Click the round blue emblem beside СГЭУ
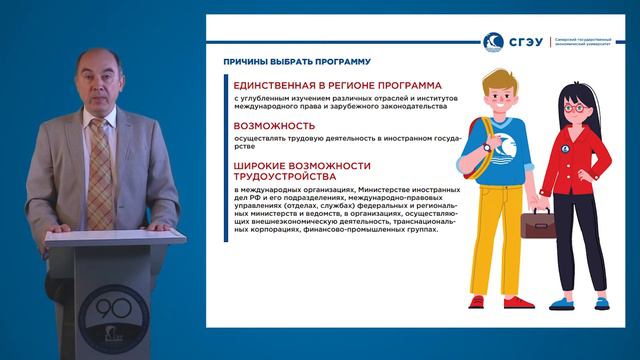tap(493, 42)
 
